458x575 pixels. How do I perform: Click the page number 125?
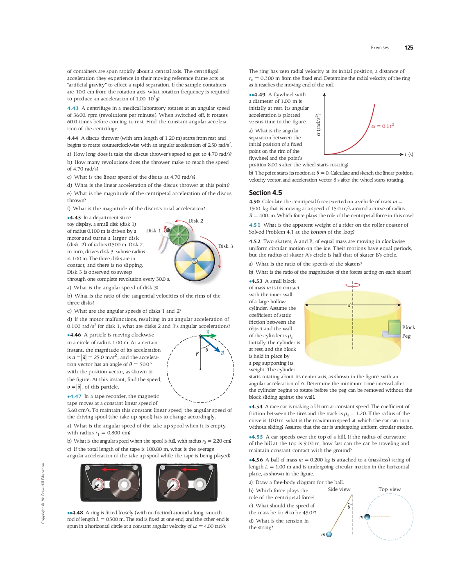point(408,48)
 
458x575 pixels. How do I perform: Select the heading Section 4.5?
point(265,193)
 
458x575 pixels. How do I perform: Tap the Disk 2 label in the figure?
point(196,221)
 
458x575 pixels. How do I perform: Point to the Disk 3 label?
point(225,246)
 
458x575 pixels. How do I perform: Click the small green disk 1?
point(178,234)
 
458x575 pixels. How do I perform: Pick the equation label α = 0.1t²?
point(382,126)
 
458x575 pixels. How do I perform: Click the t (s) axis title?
point(409,155)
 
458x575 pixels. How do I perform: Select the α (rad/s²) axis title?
point(318,125)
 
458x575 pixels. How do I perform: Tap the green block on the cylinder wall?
point(394,327)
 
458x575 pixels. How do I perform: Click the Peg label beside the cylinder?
point(406,336)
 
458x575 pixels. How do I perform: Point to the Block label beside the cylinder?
point(408,327)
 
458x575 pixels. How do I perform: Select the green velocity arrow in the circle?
point(208,336)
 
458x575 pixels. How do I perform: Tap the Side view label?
point(339,489)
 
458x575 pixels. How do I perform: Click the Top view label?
point(390,489)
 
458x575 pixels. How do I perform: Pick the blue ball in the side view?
point(329,534)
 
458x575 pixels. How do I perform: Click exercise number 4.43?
point(73,108)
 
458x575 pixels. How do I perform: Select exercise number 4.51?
point(254,225)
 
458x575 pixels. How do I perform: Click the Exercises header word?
point(380,48)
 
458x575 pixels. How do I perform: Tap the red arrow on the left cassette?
point(110,469)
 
